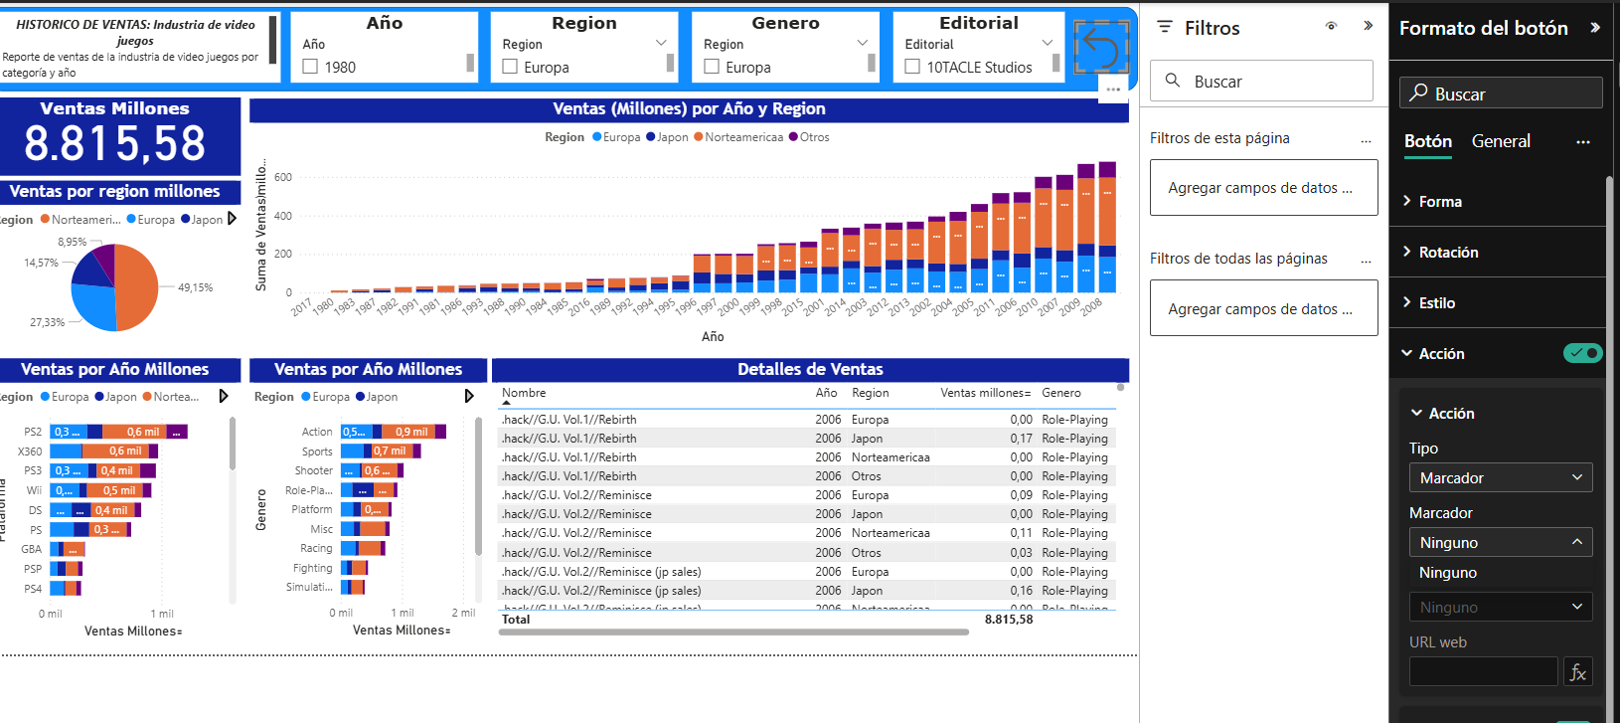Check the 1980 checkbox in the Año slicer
(310, 67)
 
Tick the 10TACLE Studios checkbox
(912, 67)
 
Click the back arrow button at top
(1101, 47)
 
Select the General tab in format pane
(1501, 141)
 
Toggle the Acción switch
(1582, 353)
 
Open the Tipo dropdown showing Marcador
(1500, 478)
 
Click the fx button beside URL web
(1577, 672)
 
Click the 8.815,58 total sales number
(115, 144)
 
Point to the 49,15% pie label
(195, 287)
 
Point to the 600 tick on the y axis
(283, 177)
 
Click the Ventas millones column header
(984, 393)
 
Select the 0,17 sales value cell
(1021, 439)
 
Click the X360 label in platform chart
(30, 452)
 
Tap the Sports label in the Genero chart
(317, 452)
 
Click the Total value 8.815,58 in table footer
(1008, 620)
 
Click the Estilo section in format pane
(1436, 303)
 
